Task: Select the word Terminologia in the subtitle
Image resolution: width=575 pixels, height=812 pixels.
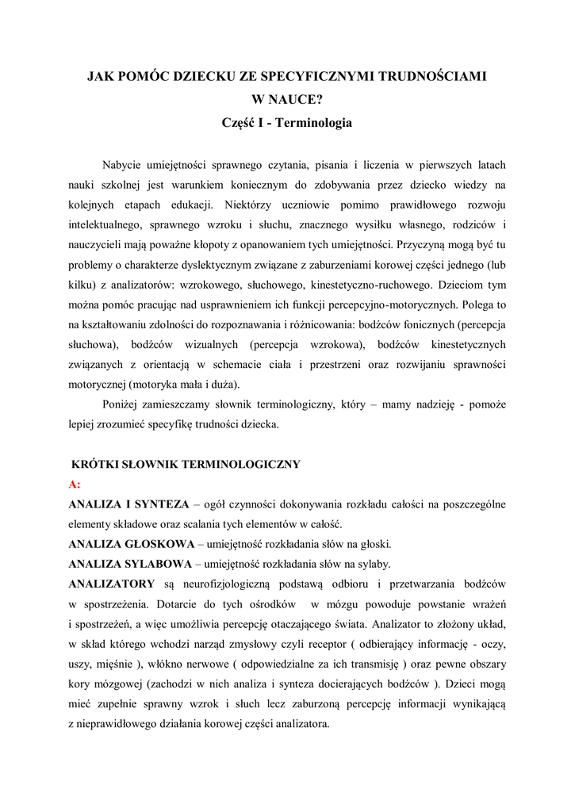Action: (313, 124)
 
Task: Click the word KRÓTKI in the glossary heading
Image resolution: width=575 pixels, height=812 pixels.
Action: (96, 464)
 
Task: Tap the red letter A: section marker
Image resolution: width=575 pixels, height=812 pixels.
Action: (75, 484)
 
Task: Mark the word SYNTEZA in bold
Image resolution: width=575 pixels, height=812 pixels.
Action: (163, 504)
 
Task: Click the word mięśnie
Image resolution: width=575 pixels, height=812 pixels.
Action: (117, 664)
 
